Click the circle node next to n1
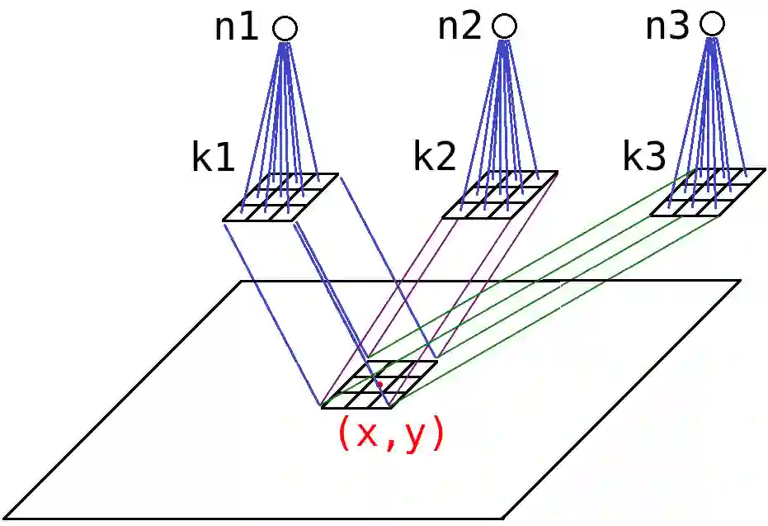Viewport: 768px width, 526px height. click(285, 29)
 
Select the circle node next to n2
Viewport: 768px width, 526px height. click(504, 26)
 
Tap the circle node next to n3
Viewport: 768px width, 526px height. click(713, 23)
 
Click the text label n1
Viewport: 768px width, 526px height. click(237, 29)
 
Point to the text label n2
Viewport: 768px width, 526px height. click(459, 27)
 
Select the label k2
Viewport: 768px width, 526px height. click(434, 157)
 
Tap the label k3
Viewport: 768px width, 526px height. click(643, 156)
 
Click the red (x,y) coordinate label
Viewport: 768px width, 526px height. click(390, 434)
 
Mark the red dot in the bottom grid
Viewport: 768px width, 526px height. click(379, 384)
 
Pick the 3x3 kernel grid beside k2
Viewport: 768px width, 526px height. click(500, 195)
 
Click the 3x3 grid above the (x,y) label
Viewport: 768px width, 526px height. click(379, 384)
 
